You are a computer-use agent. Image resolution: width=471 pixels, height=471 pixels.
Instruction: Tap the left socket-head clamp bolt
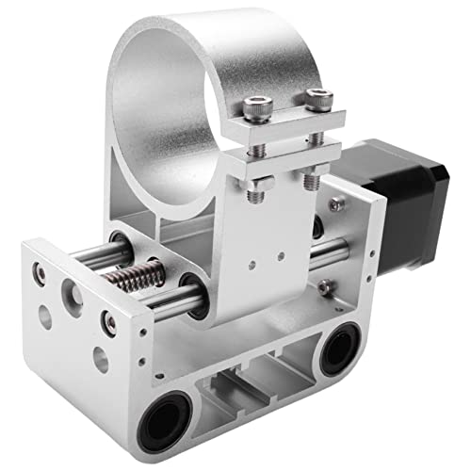point(253,112)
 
